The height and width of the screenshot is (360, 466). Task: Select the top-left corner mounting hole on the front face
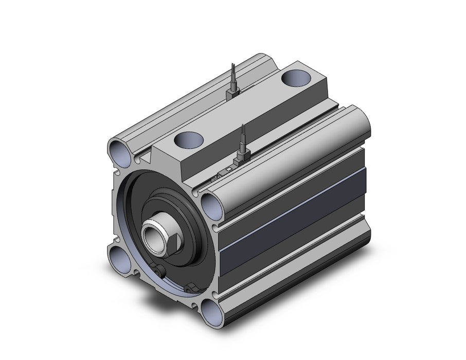click(x=118, y=153)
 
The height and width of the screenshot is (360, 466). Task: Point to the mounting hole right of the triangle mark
click(x=212, y=202)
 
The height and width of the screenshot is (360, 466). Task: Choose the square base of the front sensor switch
click(x=242, y=156)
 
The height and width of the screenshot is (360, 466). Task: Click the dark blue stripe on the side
click(x=293, y=216)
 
